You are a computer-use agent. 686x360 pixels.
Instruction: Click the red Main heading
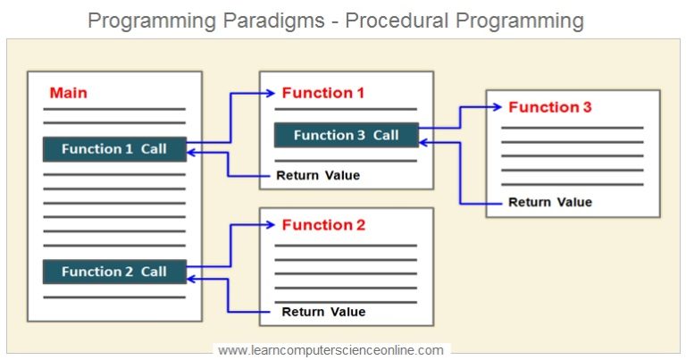(68, 93)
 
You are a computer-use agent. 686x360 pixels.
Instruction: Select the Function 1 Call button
(114, 149)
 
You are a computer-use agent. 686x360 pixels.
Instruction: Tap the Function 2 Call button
(114, 272)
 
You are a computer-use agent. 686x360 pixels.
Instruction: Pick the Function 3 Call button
(347, 135)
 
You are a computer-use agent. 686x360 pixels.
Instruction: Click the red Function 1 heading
(323, 93)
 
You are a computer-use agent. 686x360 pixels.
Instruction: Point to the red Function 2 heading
(323, 225)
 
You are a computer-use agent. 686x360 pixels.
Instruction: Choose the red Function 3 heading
(549, 107)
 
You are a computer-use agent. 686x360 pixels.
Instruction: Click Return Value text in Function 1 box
(318, 175)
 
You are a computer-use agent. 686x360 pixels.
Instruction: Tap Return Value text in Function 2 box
(323, 312)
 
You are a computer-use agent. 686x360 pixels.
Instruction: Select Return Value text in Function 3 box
(549, 202)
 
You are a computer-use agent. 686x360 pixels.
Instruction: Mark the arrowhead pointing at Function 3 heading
(497, 107)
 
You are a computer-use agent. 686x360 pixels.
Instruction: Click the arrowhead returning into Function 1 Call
(192, 154)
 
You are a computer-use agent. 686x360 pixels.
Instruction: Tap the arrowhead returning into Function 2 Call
(192, 279)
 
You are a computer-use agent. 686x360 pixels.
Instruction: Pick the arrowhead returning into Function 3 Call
(423, 141)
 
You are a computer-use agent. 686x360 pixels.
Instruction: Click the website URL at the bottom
(330, 350)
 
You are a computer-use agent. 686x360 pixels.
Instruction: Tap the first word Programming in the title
(142, 20)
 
